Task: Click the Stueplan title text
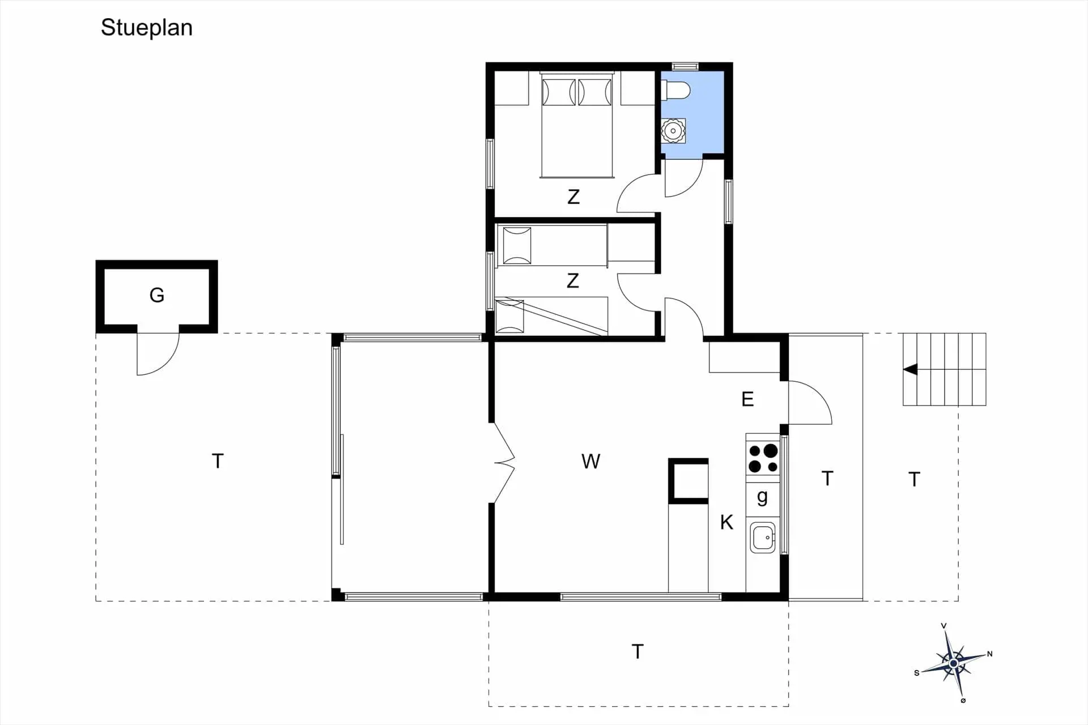click(x=147, y=28)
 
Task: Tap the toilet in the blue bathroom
click(x=677, y=90)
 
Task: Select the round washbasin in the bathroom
click(x=673, y=131)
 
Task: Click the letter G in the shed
click(x=157, y=295)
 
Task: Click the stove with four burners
click(x=763, y=458)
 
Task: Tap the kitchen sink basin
click(x=763, y=538)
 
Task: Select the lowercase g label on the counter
click(x=762, y=497)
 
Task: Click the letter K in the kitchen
click(x=726, y=522)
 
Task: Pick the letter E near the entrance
click(x=747, y=399)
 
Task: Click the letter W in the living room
click(x=590, y=462)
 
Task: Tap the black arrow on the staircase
click(x=911, y=369)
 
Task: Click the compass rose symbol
click(x=954, y=663)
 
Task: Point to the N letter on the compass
click(x=990, y=654)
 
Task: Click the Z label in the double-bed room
click(x=573, y=197)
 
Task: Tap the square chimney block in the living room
click(x=688, y=480)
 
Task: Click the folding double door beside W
click(x=504, y=463)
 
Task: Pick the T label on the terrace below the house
click(x=637, y=652)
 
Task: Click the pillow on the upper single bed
click(x=517, y=246)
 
